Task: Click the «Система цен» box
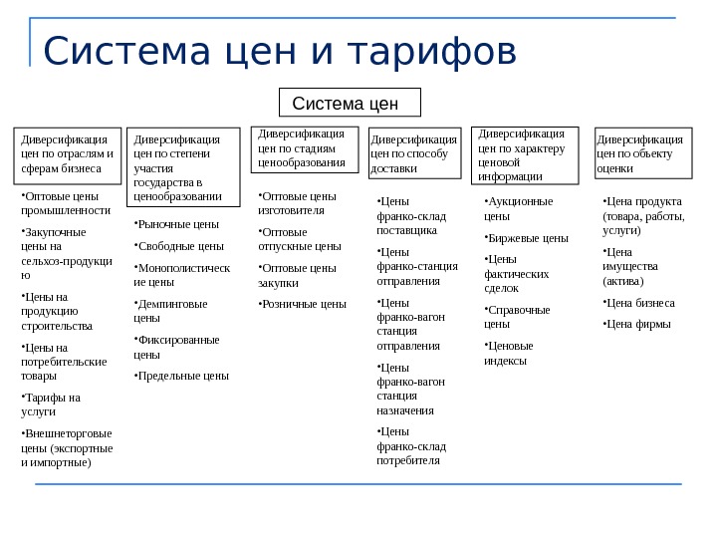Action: (350, 103)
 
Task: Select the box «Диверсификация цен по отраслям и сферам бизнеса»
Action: (67, 155)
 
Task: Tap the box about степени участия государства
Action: (183, 166)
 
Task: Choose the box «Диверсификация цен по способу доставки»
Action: (414, 153)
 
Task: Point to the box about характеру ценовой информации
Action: (525, 155)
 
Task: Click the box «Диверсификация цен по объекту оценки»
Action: (640, 153)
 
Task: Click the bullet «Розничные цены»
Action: (303, 304)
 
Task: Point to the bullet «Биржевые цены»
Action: (527, 238)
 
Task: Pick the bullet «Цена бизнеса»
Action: (639, 303)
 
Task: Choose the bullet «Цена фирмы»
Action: (637, 324)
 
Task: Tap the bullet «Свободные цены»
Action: (179, 245)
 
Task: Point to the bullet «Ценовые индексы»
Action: (509, 353)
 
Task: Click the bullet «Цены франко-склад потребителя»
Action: (409, 445)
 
